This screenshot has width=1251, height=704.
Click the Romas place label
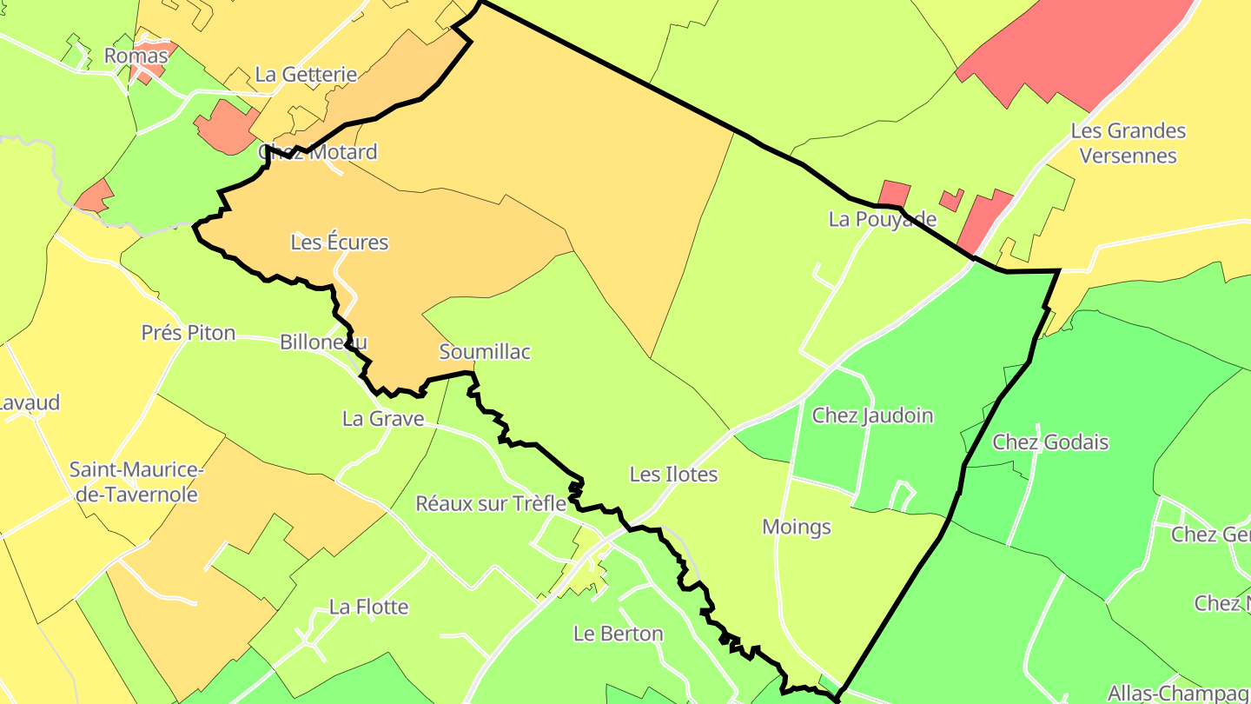(136, 56)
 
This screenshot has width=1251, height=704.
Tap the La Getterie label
(306, 74)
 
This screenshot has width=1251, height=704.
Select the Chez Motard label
(318, 152)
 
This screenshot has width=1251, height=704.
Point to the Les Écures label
(339, 242)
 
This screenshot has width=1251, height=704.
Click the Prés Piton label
(189, 333)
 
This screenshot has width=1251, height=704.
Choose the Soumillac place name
(485, 352)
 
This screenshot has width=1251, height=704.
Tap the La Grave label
(383, 419)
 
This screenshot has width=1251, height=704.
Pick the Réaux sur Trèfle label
(491, 503)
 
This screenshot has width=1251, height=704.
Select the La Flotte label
(368, 607)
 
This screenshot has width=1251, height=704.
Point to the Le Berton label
(619, 634)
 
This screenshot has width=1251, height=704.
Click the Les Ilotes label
(674, 475)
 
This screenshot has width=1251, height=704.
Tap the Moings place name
(797, 527)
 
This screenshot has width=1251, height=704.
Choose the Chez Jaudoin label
(872, 415)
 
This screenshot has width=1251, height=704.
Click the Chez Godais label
(1050, 442)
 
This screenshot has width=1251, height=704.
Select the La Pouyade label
(883, 219)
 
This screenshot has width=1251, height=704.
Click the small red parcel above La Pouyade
(895, 193)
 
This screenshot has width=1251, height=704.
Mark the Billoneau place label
(323, 342)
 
